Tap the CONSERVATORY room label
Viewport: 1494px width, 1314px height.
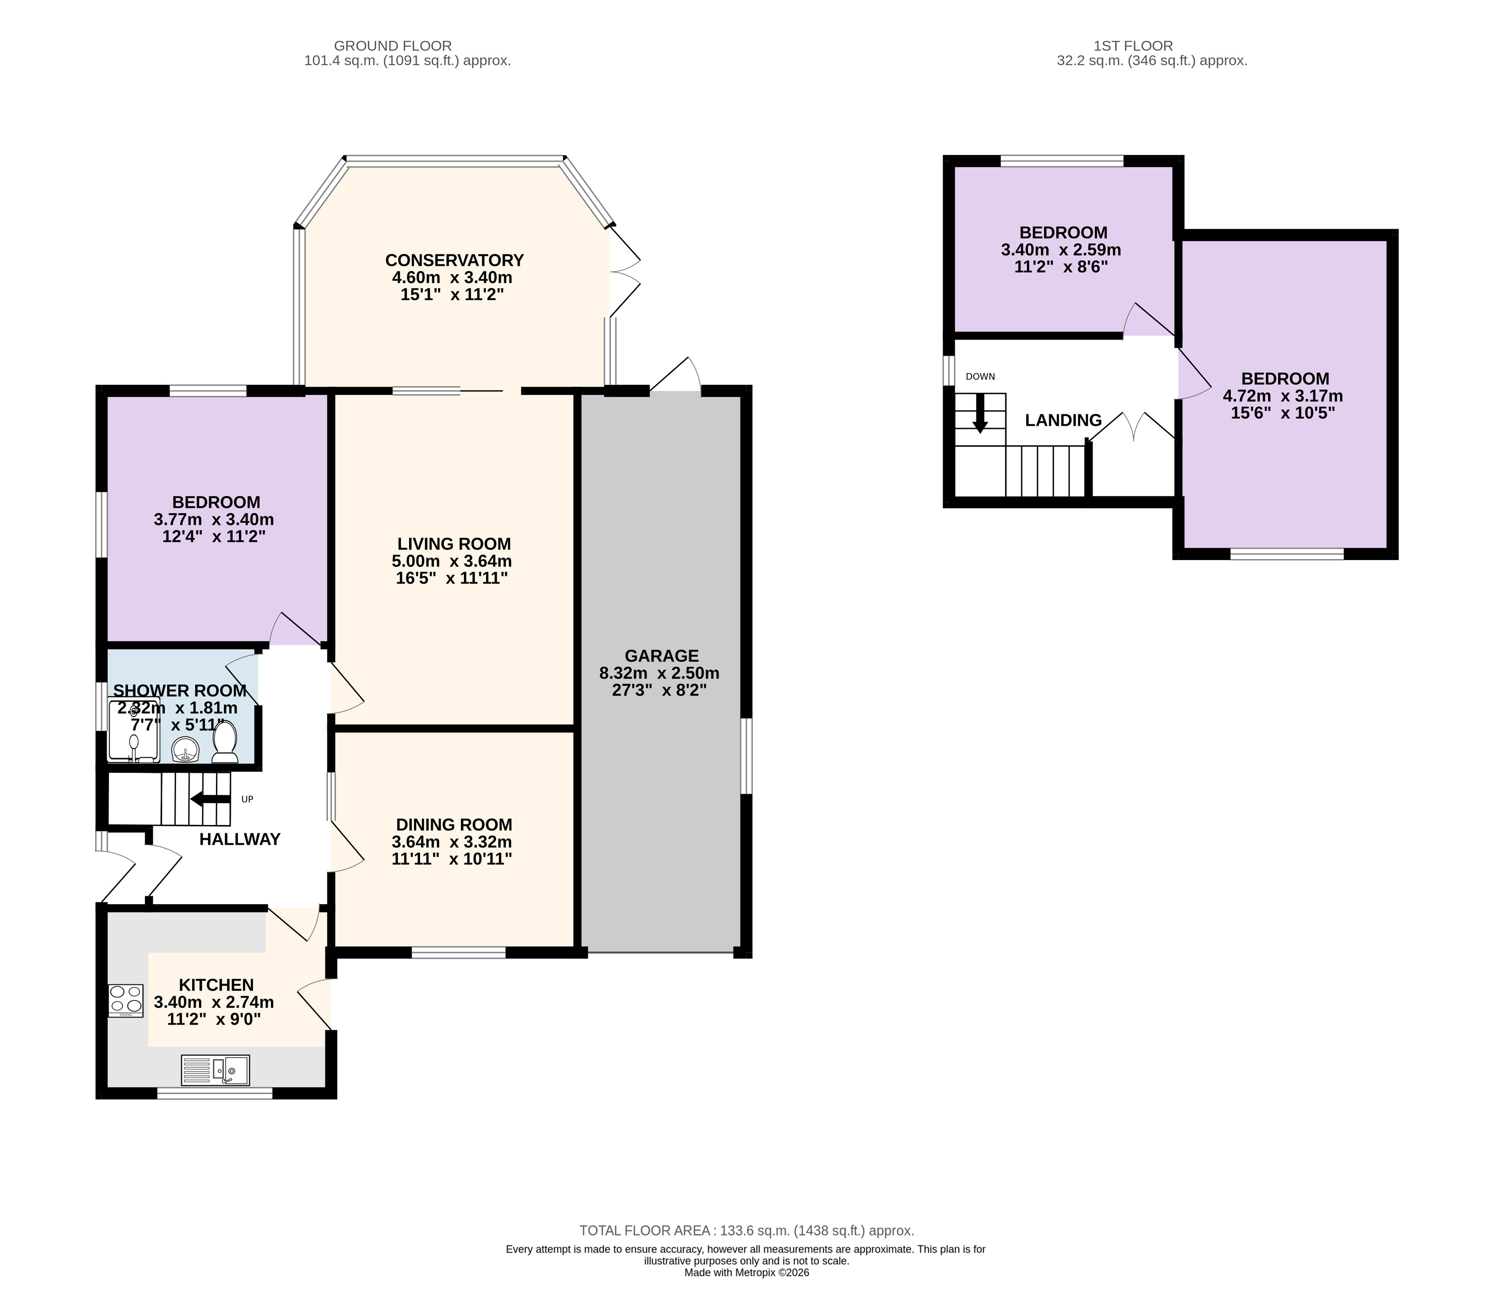pos(455,260)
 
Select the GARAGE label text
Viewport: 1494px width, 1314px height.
pos(662,656)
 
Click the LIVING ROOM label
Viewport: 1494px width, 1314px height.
pos(454,544)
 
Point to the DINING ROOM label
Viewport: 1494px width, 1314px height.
pos(454,825)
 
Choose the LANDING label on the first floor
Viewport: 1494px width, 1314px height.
pos(1063,420)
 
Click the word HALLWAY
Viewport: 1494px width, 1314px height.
pos(240,839)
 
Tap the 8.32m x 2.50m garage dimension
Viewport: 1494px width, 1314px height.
pos(659,673)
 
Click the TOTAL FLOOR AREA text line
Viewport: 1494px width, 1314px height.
pos(746,1231)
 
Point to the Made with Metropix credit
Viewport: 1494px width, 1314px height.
pos(746,1272)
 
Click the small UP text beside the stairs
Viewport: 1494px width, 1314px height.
pos(247,799)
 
